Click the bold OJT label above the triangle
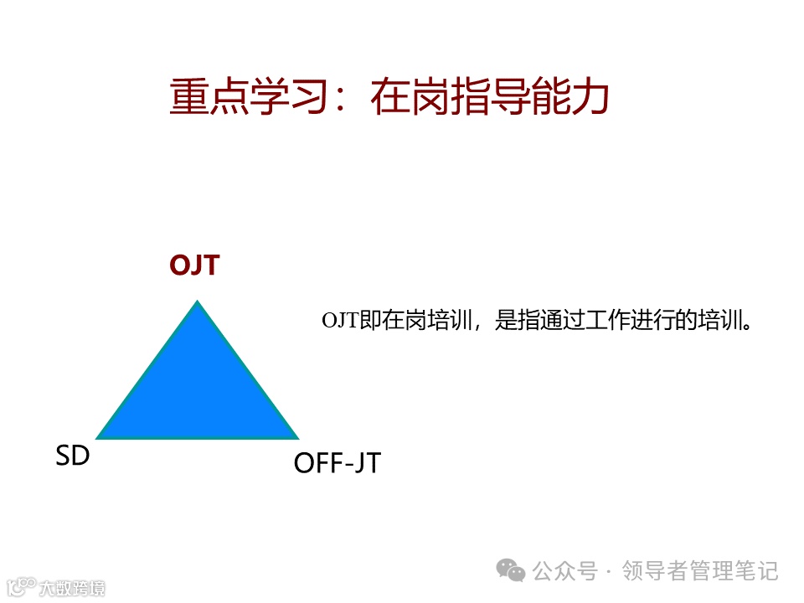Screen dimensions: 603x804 coord(194,265)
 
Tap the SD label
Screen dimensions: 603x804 coord(73,456)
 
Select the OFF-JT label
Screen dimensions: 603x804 coord(337,463)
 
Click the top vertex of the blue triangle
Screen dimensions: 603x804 coord(198,302)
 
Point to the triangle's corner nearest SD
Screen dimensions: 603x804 coord(99,437)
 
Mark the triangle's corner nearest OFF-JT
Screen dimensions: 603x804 coord(297,437)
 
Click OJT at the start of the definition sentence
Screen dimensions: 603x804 coord(340,321)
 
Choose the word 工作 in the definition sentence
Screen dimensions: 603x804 coord(607,321)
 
